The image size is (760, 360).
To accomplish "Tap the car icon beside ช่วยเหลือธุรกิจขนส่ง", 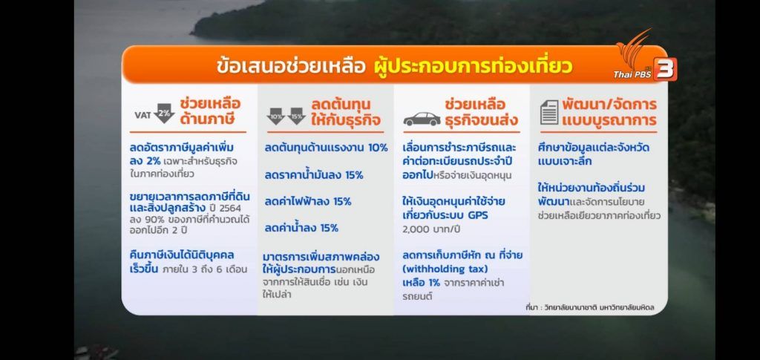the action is pyautogui.click(x=422, y=120).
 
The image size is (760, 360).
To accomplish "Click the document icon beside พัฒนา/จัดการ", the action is pyautogui.click(x=549, y=112).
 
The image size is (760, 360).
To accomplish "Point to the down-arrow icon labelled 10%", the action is pyautogui.click(x=276, y=117).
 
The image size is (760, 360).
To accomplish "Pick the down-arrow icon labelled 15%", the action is pyautogui.click(x=296, y=117).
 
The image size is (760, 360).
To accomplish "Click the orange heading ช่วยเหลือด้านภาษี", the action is pyautogui.click(x=210, y=111).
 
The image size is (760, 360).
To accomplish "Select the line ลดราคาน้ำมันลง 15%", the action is pyautogui.click(x=314, y=175).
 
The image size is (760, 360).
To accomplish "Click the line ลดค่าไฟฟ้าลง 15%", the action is pyautogui.click(x=308, y=201).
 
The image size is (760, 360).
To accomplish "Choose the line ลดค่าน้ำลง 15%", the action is pyautogui.click(x=301, y=227).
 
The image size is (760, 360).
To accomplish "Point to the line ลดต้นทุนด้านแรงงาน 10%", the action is pyautogui.click(x=327, y=148).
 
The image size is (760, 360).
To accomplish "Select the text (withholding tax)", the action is pyautogui.click(x=445, y=269).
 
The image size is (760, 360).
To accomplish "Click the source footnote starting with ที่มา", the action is pyautogui.click(x=590, y=307).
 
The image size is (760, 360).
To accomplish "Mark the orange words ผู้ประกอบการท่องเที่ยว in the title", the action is pyautogui.click(x=473, y=66).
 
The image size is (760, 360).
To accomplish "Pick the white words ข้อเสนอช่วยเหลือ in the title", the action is pyautogui.click(x=291, y=66).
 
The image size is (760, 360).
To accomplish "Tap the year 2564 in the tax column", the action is pyautogui.click(x=226, y=207).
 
